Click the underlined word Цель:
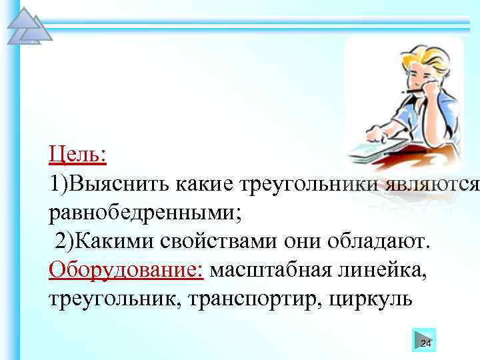[x=77, y=155]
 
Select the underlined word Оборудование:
[x=126, y=271]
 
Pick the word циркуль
[x=371, y=299]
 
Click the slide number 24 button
[x=425, y=340]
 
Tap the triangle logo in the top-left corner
[x=27, y=27]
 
